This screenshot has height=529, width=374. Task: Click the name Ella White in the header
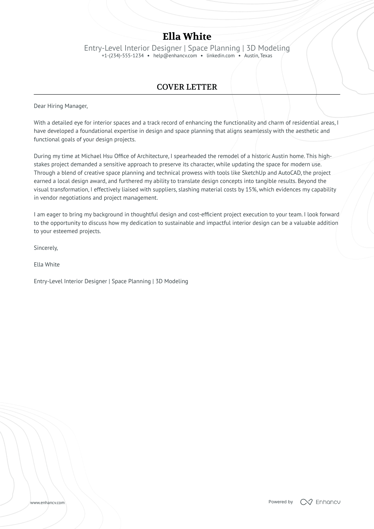[187, 37]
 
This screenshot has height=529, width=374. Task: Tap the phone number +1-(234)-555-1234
[123, 56]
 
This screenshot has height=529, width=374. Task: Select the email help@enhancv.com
[175, 56]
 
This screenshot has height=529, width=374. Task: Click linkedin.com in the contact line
[220, 56]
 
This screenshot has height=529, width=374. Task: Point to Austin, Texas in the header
[258, 56]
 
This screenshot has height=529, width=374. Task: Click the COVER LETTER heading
[187, 87]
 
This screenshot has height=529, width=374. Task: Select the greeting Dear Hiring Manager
[60, 106]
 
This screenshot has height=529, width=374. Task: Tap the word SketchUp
[254, 173]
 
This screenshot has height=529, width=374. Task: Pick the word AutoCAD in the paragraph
[289, 173]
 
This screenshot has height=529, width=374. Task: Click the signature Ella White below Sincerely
[47, 265]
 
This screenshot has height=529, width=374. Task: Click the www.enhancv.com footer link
[47, 502]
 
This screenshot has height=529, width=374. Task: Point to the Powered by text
[280, 502]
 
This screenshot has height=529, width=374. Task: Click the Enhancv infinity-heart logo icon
[306, 502]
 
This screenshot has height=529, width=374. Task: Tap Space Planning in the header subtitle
[214, 48]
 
